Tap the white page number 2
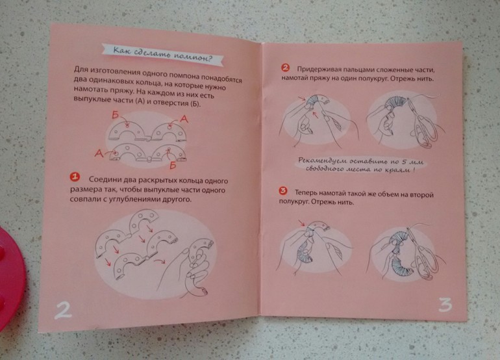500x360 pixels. pyautogui.click(x=63, y=310)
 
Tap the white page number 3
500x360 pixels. pyautogui.click(x=445, y=305)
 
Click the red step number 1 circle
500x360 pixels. pyautogui.click(x=75, y=177)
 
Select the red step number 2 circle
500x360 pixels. pyautogui.click(x=285, y=68)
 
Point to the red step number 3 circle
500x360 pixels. pyautogui.click(x=283, y=191)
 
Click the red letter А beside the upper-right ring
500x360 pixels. pyautogui.click(x=184, y=119)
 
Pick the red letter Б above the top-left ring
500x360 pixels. pyautogui.click(x=116, y=115)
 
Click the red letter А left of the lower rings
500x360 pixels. pyautogui.click(x=99, y=153)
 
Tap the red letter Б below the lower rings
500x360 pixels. pyautogui.click(x=173, y=165)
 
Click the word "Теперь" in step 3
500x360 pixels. pyautogui.click(x=305, y=193)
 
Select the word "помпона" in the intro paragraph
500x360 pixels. pyautogui.click(x=185, y=76)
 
